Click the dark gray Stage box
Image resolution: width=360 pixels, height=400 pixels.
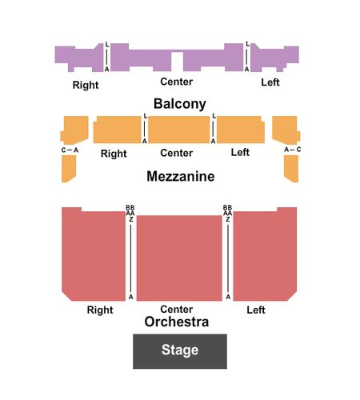click(180, 351)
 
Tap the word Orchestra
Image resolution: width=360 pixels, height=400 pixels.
click(177, 322)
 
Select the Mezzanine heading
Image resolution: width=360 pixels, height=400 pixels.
click(181, 176)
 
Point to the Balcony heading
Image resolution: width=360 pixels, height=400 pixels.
click(180, 104)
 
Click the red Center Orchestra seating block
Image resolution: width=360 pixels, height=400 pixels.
click(179, 258)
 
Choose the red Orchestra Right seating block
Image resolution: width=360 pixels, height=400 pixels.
click(94, 254)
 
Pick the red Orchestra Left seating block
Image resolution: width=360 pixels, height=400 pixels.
click(265, 254)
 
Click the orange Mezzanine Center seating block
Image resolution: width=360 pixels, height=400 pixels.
click(179, 130)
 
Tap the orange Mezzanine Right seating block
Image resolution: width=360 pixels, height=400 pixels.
click(117, 130)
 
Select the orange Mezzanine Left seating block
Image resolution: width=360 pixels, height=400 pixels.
click(241, 130)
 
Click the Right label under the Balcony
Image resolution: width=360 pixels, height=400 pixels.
click(86, 85)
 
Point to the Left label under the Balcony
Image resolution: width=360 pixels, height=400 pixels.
click(270, 82)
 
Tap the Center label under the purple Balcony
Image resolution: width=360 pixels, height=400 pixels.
click(177, 82)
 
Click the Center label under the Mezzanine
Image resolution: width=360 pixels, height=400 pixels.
click(177, 153)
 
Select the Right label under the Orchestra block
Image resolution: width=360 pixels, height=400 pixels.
click(100, 310)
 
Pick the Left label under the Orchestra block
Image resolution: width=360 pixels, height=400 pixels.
click(256, 310)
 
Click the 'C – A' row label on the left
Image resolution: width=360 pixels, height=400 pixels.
click(70, 150)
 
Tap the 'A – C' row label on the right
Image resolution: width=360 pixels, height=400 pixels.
click(293, 150)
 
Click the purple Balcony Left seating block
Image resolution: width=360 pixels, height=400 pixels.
click(274, 58)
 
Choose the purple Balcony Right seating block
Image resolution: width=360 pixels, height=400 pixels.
click(79, 58)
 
